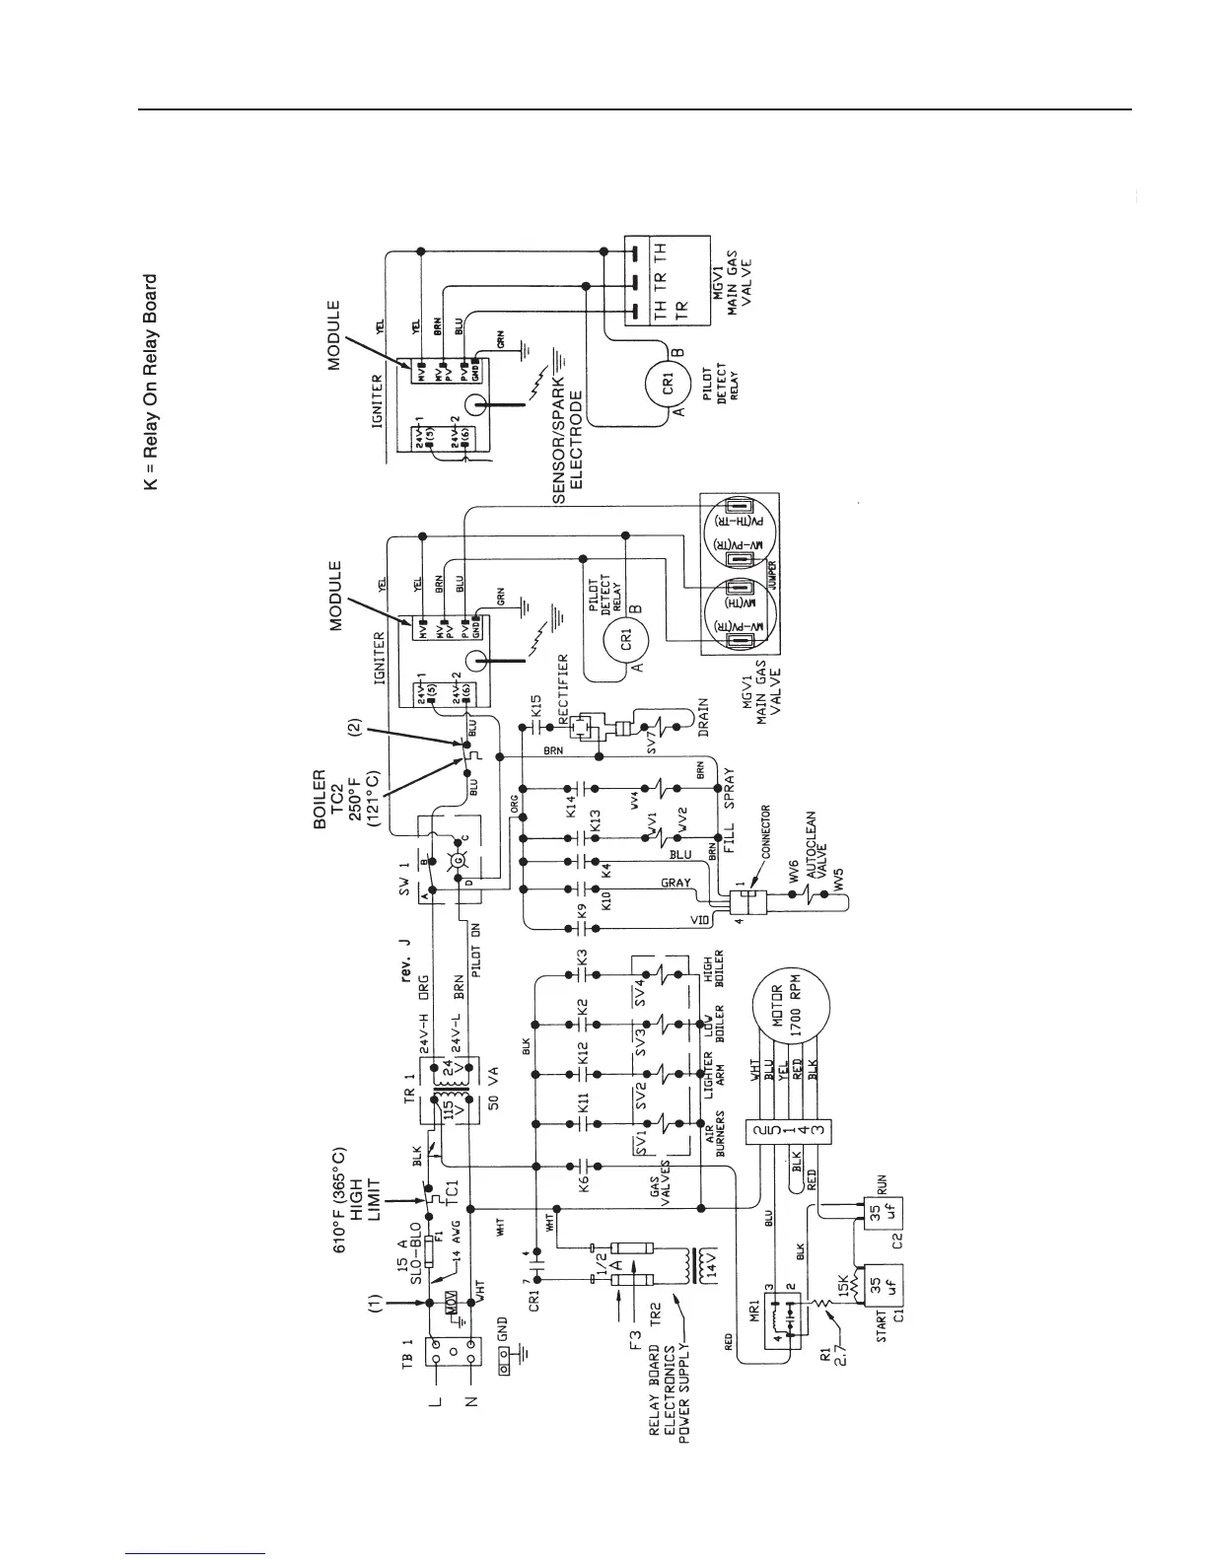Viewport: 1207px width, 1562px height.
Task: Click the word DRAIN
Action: (703, 718)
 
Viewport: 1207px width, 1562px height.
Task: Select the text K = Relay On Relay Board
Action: (150, 382)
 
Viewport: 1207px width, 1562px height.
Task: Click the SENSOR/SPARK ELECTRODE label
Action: (567, 438)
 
